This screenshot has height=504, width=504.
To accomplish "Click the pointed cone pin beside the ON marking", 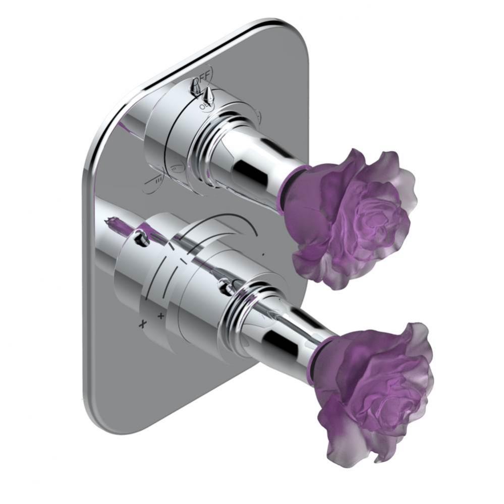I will [208, 93].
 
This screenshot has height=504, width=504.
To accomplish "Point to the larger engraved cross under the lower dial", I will [143, 323].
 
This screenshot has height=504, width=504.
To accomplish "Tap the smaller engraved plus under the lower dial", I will [161, 316].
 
